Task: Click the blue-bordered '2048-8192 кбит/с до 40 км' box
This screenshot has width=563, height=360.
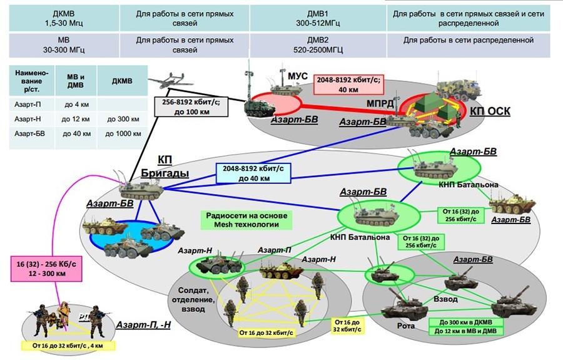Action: (253, 172)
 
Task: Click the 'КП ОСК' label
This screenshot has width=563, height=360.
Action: (490, 111)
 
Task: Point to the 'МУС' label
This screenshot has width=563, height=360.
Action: (298, 76)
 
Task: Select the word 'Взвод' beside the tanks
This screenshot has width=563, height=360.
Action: (446, 300)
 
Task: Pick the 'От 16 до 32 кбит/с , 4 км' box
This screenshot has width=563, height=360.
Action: (64, 346)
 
